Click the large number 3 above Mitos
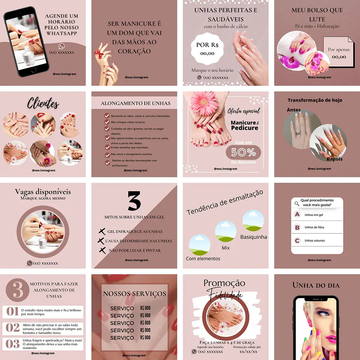[x=134, y=201]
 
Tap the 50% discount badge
[x=243, y=152]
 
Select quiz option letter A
[x=297, y=214]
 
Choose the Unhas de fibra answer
[x=314, y=227]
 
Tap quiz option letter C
[x=297, y=240]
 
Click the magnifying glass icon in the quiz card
[x=297, y=204]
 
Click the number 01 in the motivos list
[x=12, y=311]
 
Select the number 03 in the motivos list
[x=12, y=343]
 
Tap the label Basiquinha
[x=253, y=237]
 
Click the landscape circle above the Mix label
[x=225, y=231]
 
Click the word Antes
[x=294, y=110]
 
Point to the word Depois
[x=334, y=159]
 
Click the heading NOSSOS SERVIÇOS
[x=134, y=294]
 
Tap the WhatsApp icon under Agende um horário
[x=61, y=46]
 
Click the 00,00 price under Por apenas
[x=339, y=57]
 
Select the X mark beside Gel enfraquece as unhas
[x=101, y=231]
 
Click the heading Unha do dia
[x=316, y=285]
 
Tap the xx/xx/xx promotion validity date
[x=248, y=351]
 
